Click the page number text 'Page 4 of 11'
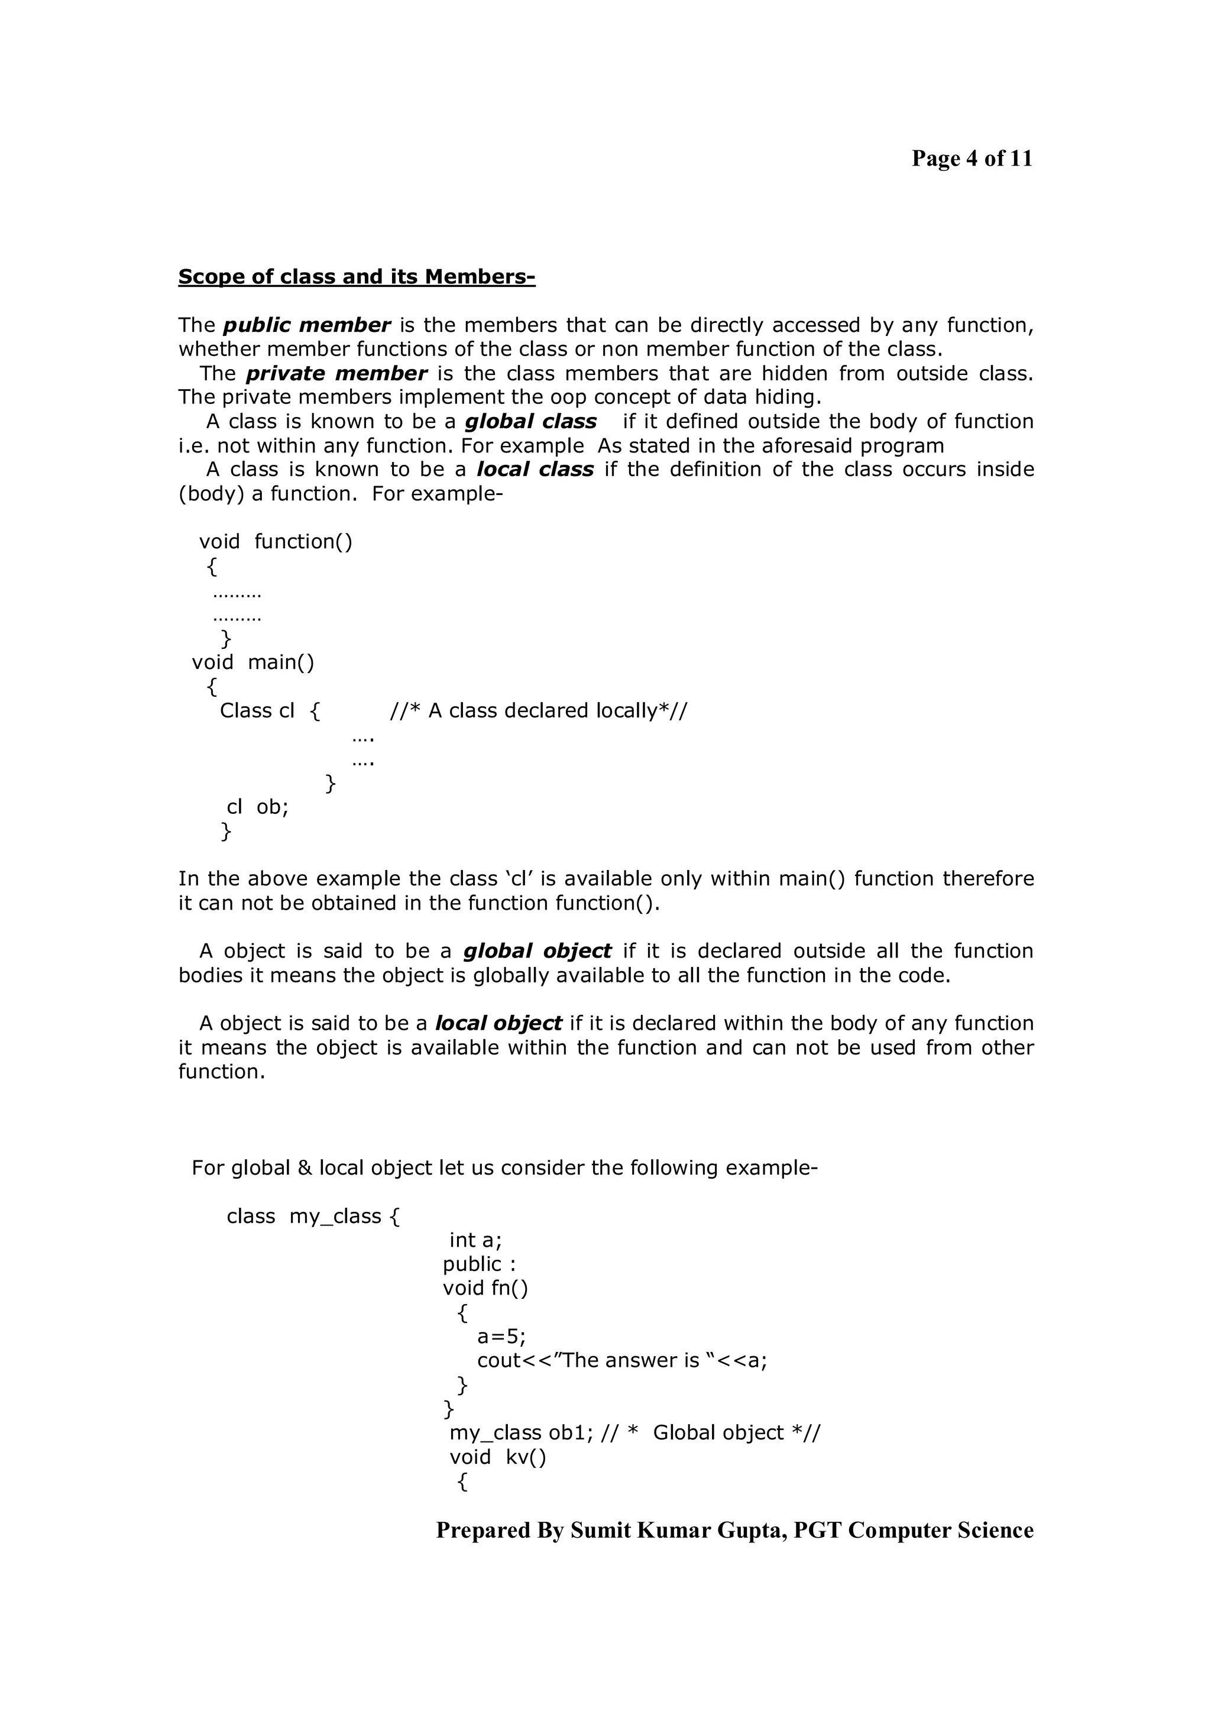(972, 159)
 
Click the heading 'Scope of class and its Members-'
(357, 277)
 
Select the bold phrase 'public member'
(307, 325)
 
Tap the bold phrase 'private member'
(336, 373)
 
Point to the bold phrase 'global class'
(530, 422)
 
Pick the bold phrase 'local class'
(535, 470)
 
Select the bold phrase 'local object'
(498, 1023)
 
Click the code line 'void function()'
(276, 542)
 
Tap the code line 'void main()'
(253, 662)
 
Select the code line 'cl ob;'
(257, 807)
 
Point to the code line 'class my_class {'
(313, 1216)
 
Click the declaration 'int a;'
(475, 1240)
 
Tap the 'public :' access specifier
(479, 1264)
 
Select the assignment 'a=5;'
(501, 1336)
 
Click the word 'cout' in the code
(498, 1360)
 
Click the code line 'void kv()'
(498, 1457)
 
